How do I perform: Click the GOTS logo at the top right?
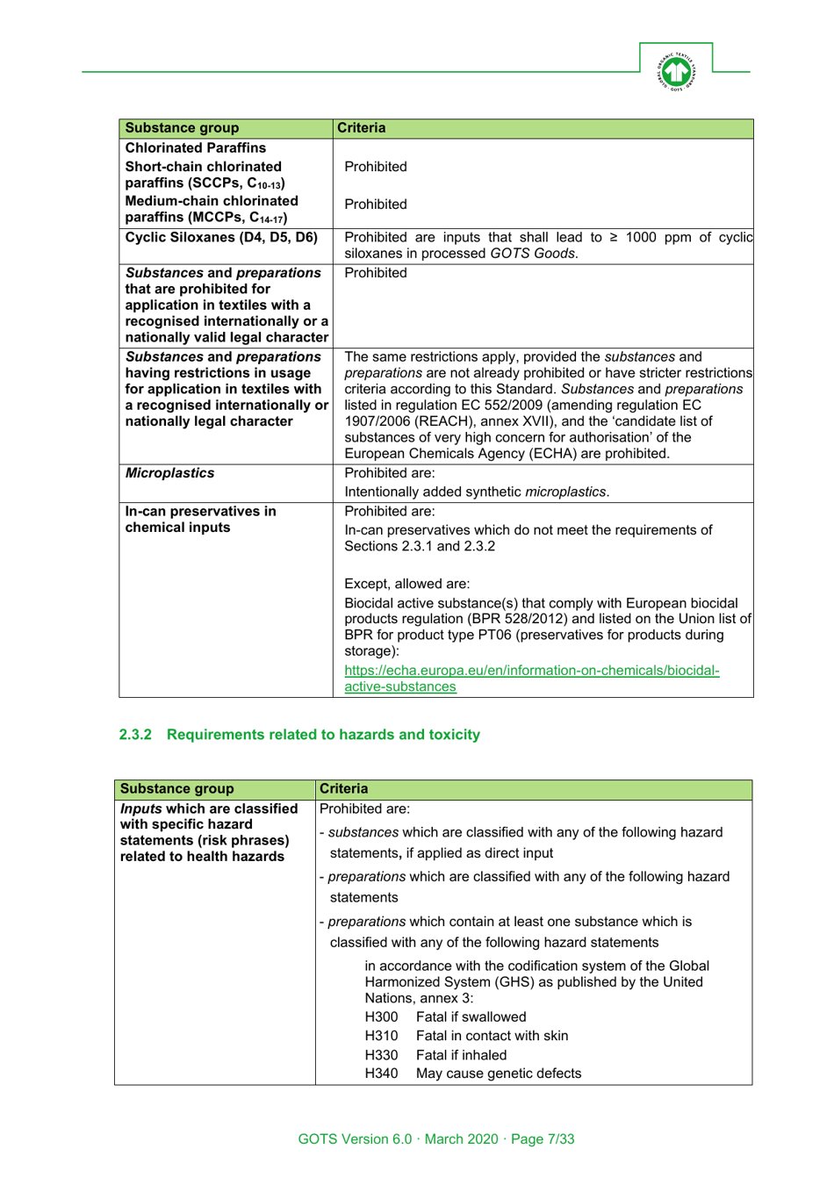coord(675,71)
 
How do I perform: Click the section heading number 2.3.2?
coord(135,735)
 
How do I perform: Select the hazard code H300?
coord(381,1017)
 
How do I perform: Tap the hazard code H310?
coord(381,1036)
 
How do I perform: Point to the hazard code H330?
coord(381,1055)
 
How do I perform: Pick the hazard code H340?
coord(381,1074)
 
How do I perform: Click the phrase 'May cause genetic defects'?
coord(498,1074)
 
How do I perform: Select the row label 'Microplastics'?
coord(169,473)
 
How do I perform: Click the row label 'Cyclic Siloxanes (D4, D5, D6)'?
coord(221,237)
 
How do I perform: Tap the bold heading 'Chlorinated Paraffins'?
coord(195,147)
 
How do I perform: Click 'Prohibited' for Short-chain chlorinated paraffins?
coord(376,167)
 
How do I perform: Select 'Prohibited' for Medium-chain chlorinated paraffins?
coord(376,205)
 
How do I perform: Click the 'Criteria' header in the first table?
coord(361,128)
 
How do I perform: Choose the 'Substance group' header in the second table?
coord(176,789)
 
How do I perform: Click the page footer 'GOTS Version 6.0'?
coord(355,1139)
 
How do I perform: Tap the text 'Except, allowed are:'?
coord(406,584)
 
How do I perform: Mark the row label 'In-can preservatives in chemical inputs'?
coord(200,520)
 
